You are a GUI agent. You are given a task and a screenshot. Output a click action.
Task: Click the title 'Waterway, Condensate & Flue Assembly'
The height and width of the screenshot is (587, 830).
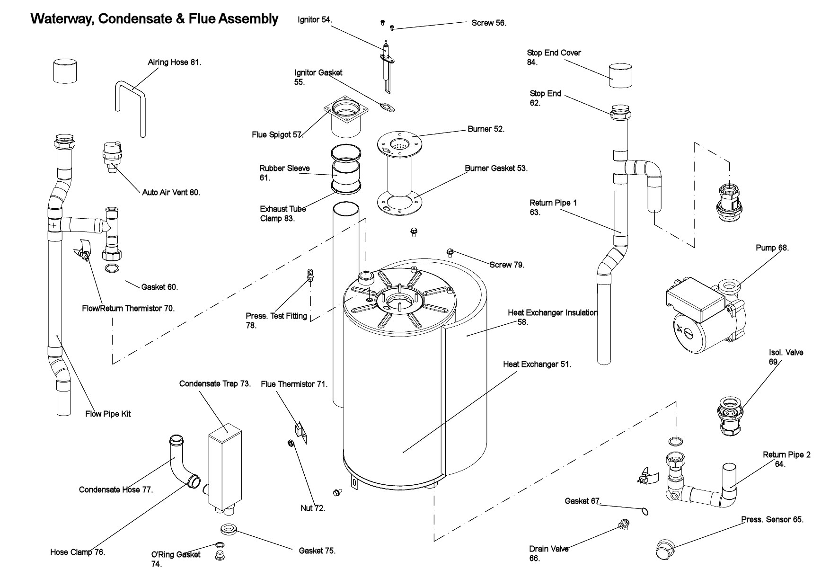[x=154, y=19]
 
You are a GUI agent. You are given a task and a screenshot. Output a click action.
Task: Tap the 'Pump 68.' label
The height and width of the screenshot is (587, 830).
[x=772, y=248]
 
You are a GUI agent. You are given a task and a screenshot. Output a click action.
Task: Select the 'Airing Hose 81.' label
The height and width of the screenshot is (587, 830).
[x=174, y=62]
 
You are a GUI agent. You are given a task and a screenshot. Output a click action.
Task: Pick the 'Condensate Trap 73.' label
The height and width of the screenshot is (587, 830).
[x=215, y=383]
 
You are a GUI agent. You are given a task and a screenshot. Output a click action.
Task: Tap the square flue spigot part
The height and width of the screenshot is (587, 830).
[x=346, y=116]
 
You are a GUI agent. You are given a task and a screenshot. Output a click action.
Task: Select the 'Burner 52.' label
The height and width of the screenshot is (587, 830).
[x=486, y=129]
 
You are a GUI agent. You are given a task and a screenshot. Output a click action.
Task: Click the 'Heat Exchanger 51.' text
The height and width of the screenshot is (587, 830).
[x=537, y=365]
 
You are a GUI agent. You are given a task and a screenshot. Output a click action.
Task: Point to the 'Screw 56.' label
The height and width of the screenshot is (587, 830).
[x=489, y=23]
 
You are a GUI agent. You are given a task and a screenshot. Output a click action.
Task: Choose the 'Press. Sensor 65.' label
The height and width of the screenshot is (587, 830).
[x=772, y=519]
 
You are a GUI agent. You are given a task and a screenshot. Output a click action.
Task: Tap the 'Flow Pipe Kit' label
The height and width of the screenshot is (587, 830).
[x=108, y=414]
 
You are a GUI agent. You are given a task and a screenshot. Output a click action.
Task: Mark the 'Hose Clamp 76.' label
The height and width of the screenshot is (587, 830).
[x=78, y=552]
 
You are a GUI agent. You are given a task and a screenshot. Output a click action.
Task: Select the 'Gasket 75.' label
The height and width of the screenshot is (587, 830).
[x=317, y=551]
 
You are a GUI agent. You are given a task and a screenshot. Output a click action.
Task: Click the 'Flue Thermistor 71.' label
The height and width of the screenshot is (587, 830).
[x=294, y=384]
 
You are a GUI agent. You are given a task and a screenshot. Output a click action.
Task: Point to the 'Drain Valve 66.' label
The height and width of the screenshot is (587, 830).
[x=548, y=553]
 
